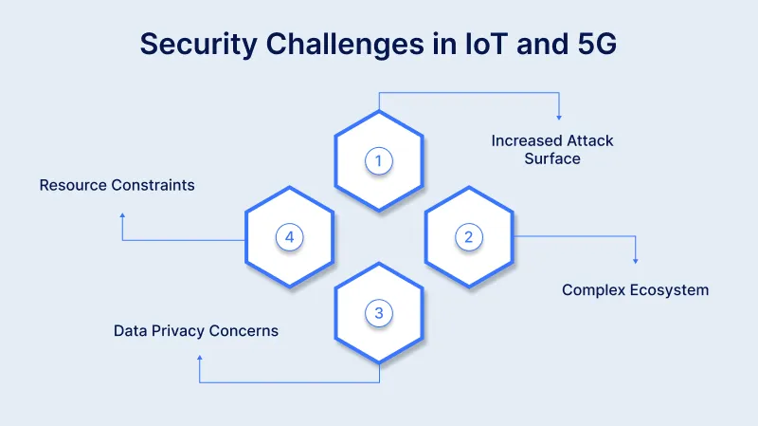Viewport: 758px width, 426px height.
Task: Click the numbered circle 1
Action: tap(378, 161)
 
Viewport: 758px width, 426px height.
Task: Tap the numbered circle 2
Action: tap(468, 237)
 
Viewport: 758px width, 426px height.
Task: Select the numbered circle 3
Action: tap(378, 313)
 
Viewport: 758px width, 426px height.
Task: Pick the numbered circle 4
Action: tap(289, 237)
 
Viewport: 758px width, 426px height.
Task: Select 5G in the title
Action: tap(597, 44)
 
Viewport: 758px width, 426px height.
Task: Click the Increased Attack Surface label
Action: tap(551, 150)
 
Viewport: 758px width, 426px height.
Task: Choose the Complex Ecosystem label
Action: tap(635, 289)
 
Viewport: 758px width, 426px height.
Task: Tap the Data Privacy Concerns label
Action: tap(196, 331)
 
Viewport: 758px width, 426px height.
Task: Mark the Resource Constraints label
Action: tap(117, 185)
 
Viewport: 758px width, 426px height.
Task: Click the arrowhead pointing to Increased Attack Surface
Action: tap(559, 117)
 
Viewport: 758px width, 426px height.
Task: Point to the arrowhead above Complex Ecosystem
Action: tap(635, 261)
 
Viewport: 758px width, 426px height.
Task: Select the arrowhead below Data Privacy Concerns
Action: tap(199, 358)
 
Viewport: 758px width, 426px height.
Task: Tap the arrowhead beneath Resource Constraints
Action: tap(122, 214)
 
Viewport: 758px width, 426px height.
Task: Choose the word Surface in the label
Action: tap(551, 158)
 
